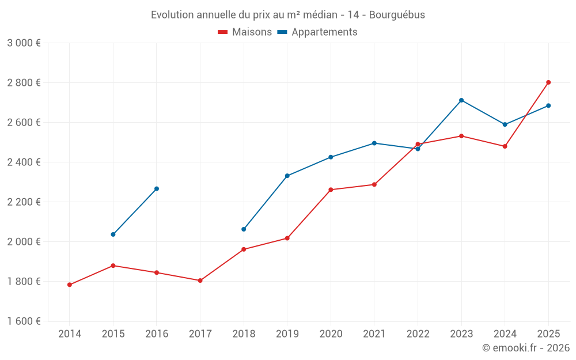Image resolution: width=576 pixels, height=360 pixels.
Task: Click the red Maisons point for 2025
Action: coord(548,82)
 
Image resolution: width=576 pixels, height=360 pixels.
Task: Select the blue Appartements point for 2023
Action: coord(461,100)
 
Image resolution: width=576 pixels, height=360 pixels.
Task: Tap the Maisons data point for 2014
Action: coord(70,285)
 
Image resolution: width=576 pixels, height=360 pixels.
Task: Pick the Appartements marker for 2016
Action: coord(157,188)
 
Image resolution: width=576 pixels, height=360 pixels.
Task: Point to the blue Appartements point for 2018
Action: coord(244,229)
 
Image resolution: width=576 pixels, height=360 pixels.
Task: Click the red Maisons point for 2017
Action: coord(200,281)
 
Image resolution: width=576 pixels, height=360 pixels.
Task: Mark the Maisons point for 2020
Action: coord(331,190)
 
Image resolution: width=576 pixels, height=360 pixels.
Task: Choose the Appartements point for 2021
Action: coord(374,143)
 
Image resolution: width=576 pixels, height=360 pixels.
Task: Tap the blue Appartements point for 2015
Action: coord(113,234)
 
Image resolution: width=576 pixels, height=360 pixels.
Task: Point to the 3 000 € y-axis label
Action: coord(24,43)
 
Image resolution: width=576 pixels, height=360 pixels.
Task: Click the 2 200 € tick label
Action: coord(24,202)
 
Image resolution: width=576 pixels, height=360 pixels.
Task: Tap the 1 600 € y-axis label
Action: coord(24,321)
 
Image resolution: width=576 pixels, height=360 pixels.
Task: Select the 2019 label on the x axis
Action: coord(287,334)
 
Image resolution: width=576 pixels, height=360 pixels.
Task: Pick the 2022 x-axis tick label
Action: coord(418,334)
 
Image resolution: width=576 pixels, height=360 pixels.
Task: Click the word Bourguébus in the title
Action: coord(397,15)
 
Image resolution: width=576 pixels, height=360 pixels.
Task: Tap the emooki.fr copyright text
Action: coord(525,348)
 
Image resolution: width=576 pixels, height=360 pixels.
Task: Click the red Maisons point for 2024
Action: coord(505,146)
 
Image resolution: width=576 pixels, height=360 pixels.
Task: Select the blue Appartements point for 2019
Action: coord(287,176)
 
